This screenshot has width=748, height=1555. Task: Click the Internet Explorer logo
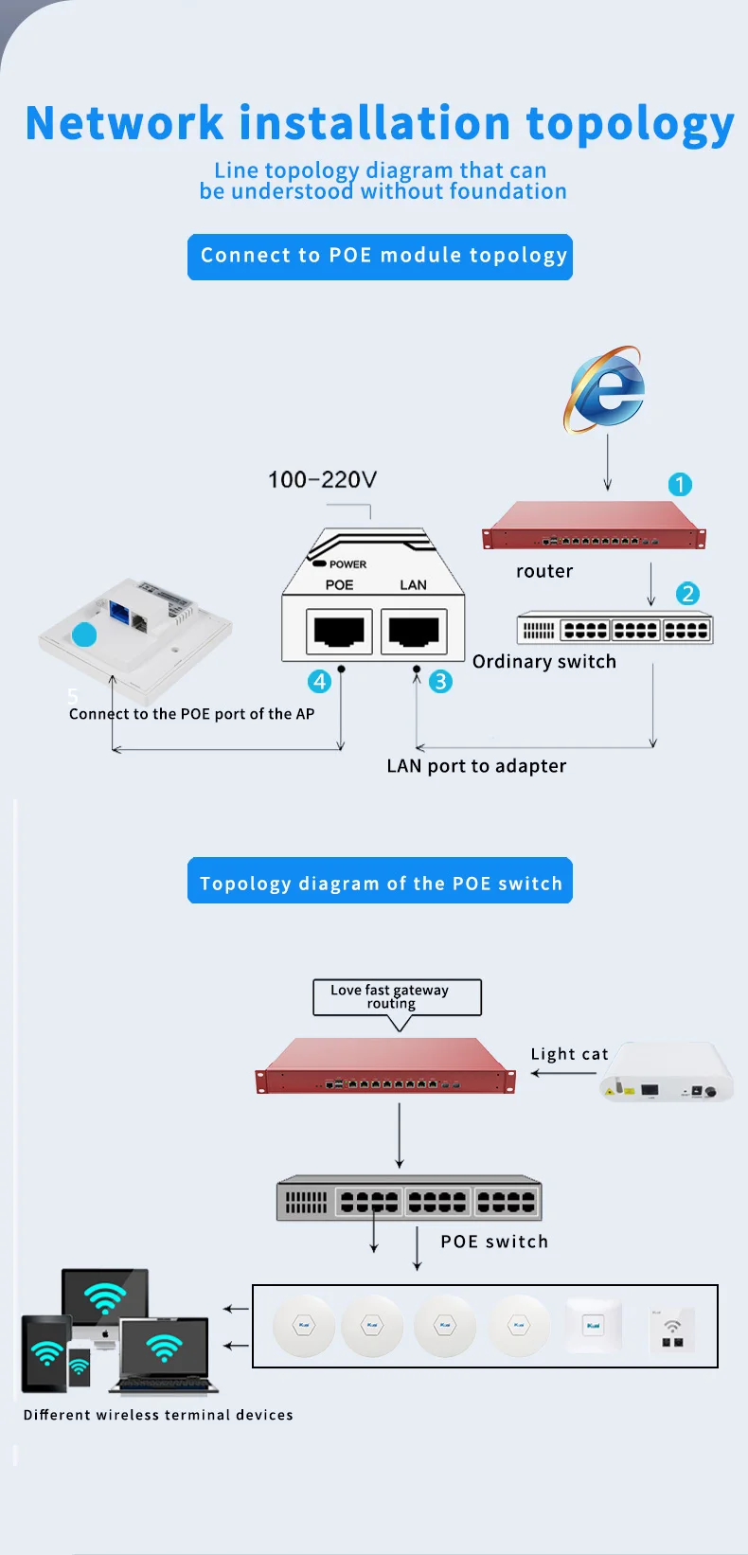tap(606, 389)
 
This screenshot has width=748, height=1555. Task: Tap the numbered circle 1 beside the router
tap(680, 485)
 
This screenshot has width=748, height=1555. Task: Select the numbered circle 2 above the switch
tap(687, 594)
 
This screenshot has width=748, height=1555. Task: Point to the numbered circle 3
tap(440, 682)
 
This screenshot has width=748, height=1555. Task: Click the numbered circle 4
tap(320, 682)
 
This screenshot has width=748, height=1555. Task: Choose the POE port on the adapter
tap(339, 631)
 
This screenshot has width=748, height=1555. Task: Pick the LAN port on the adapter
tap(414, 631)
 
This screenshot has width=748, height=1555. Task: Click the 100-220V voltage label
tap(322, 479)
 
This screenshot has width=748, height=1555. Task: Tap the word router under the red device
tap(544, 571)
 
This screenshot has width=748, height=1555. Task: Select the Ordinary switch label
tap(544, 661)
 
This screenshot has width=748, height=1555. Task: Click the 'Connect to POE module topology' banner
tap(380, 257)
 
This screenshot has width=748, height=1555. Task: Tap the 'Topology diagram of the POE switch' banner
tap(380, 882)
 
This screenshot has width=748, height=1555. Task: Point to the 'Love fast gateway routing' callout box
tap(397, 996)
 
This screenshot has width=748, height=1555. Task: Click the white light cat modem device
tap(668, 1072)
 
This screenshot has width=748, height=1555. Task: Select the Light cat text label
tap(569, 1054)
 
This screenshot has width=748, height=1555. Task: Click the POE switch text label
tap(494, 1242)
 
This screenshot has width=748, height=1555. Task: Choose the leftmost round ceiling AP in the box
tap(304, 1325)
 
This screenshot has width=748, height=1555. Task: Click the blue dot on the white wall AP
tap(84, 635)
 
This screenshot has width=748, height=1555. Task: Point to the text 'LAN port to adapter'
tap(476, 766)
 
